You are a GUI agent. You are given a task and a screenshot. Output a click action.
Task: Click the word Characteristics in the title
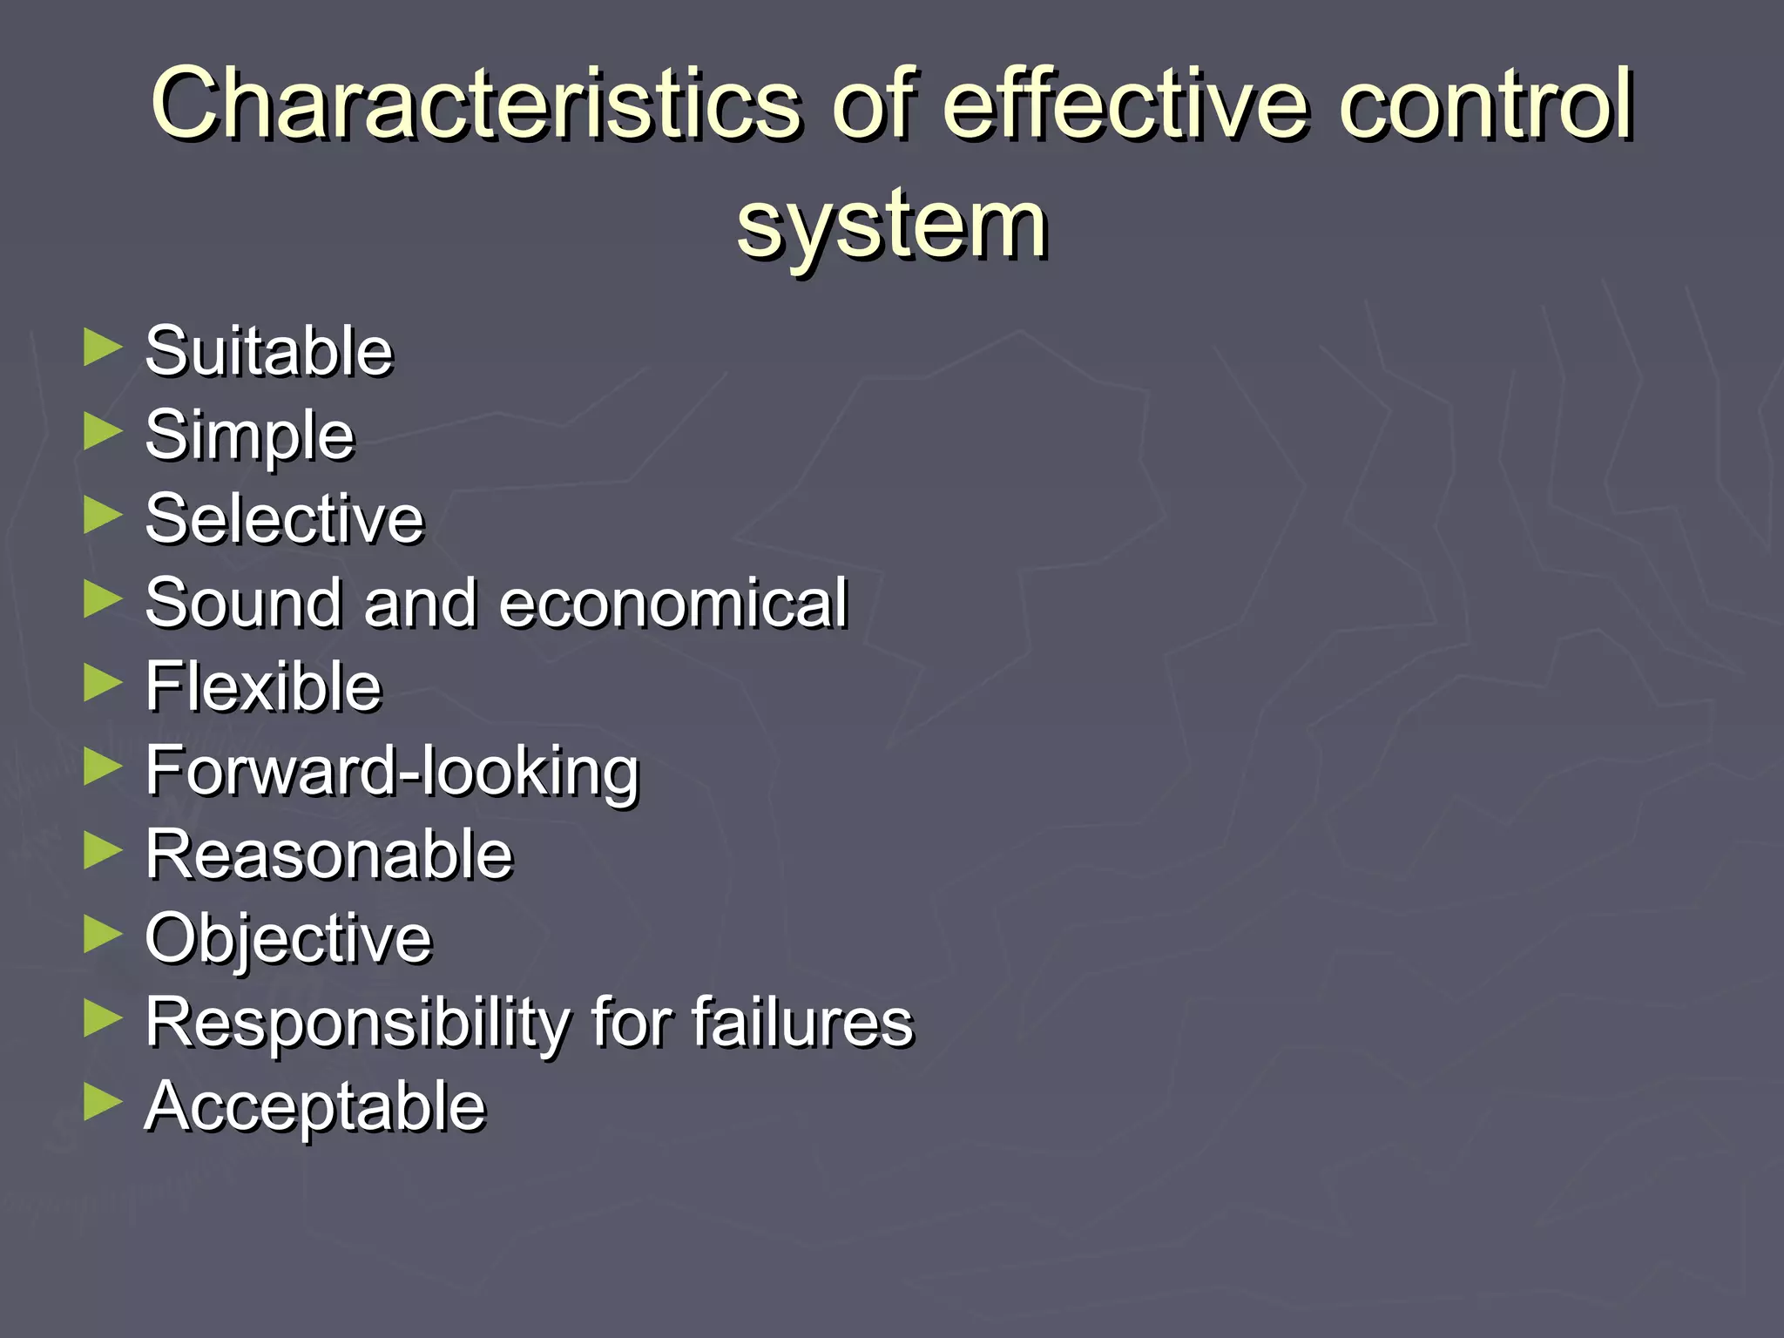point(475,105)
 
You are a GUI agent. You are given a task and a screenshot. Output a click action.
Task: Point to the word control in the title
point(1485,105)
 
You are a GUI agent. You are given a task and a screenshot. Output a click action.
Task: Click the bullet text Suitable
point(269,351)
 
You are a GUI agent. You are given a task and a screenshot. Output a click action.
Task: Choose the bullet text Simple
point(250,435)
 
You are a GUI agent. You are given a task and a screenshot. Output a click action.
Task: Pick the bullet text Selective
point(284,519)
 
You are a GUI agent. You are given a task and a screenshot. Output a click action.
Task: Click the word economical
point(673,603)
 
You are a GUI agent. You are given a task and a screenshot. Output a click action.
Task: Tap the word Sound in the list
point(243,603)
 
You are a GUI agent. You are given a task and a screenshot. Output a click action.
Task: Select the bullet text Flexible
point(263,686)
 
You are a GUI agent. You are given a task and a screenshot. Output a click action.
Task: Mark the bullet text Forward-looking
point(392,772)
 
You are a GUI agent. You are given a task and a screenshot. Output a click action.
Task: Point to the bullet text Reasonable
point(329,855)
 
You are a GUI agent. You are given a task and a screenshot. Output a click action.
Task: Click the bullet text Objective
point(288,939)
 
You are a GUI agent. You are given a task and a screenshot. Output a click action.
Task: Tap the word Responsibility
point(355,1023)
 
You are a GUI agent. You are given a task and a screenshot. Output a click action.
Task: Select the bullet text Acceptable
point(314,1106)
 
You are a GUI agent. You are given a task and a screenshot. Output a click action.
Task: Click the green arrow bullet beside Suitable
point(103,348)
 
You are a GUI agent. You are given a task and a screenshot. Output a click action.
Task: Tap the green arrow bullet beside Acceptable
point(103,1102)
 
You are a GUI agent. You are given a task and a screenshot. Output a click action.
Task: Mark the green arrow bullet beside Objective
point(103,935)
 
